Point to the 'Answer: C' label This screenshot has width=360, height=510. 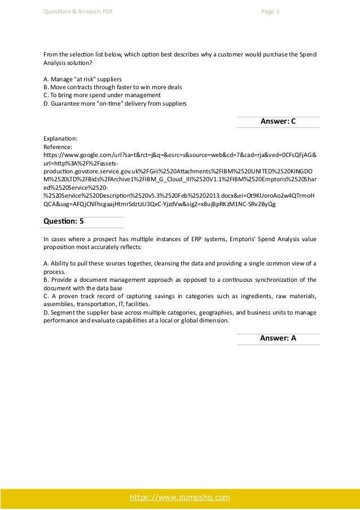click(278, 121)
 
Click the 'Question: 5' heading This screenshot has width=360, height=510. click(63, 223)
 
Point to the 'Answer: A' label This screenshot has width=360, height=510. click(278, 338)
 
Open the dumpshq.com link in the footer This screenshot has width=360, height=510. click(180, 497)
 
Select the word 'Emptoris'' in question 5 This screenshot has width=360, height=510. click(242, 239)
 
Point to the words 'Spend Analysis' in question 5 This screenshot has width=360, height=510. click(276, 239)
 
